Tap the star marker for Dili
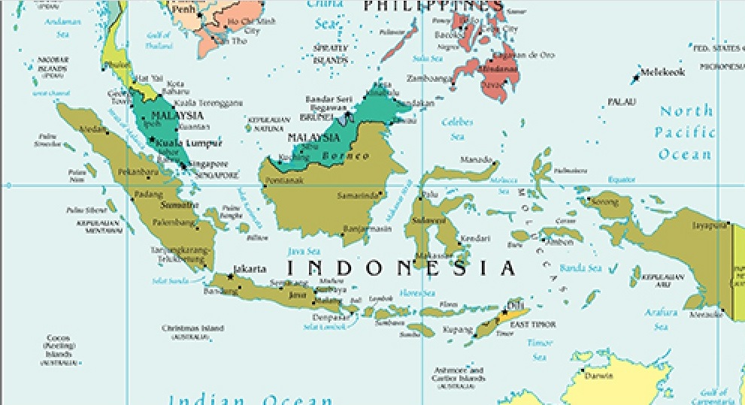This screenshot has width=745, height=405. [506, 310]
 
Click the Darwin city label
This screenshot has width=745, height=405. [598, 375]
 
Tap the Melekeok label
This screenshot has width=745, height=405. [662, 73]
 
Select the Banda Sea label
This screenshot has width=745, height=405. [580, 267]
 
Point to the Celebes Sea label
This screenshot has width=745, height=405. [457, 128]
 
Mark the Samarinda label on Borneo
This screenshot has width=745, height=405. [357, 195]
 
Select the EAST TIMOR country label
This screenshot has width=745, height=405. [533, 325]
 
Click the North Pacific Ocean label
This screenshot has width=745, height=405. [686, 132]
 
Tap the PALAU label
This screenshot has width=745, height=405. [621, 101]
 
